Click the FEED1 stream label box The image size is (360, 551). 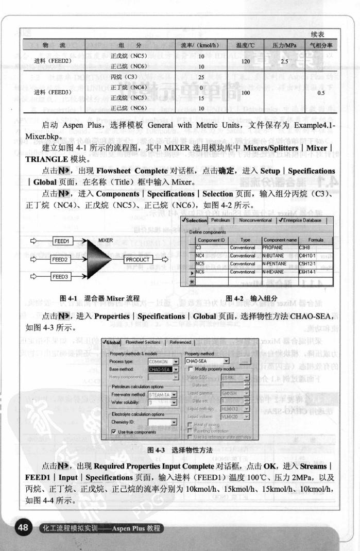click(x=61, y=241)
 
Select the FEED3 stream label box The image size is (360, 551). click(x=61, y=277)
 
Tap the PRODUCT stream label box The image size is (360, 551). click(x=138, y=259)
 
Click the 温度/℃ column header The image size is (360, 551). click(x=245, y=45)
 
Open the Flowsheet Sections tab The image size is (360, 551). click(x=143, y=342)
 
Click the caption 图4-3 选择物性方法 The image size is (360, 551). click(x=180, y=450)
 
